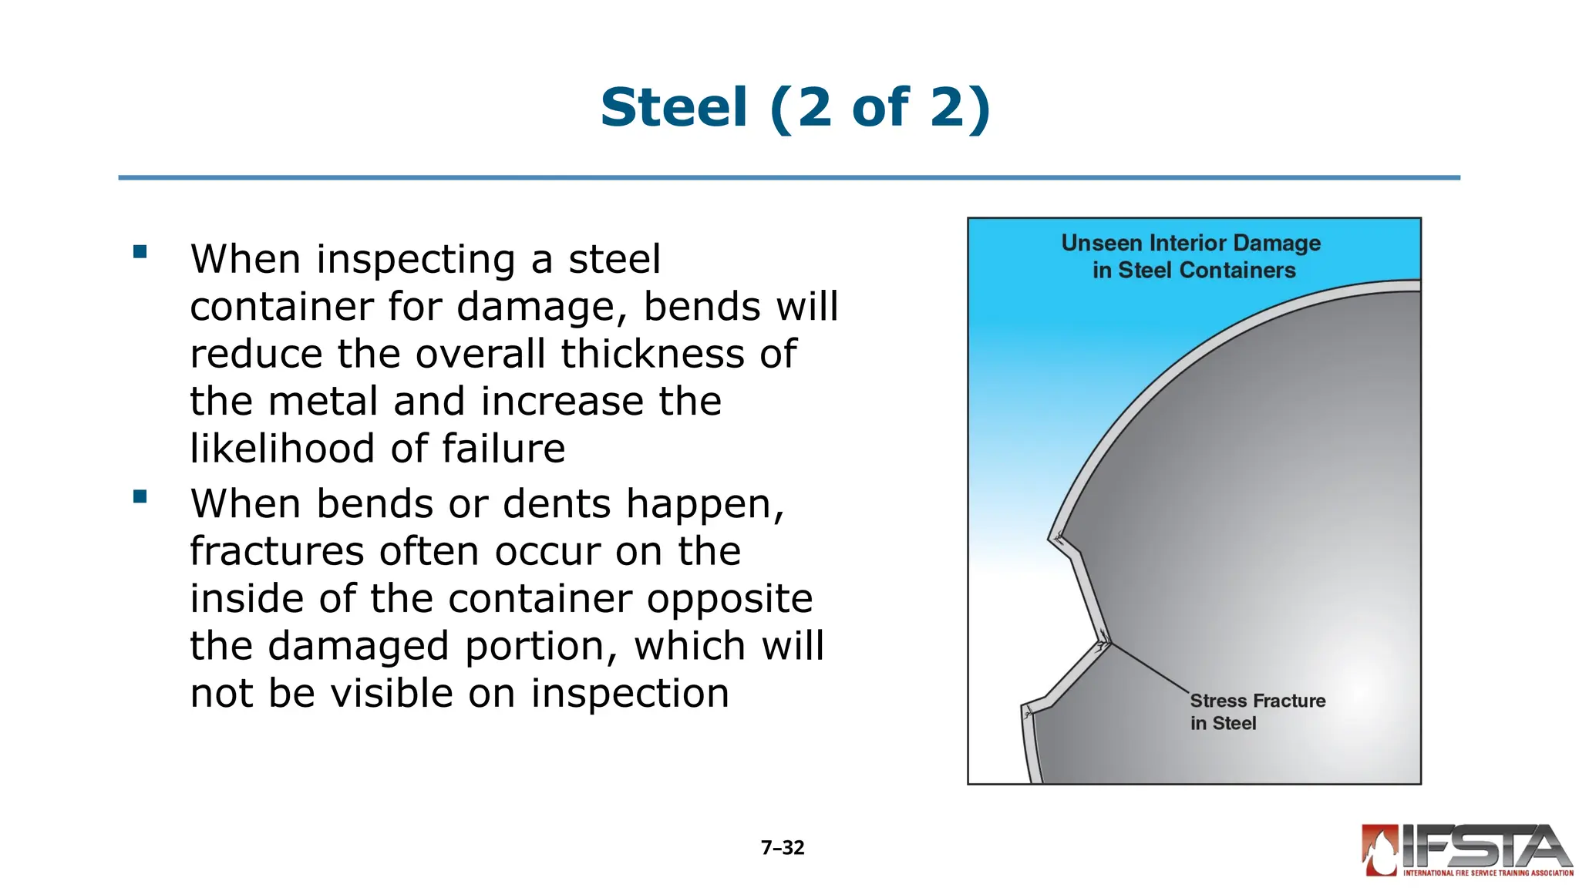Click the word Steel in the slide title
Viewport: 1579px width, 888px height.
[674, 107]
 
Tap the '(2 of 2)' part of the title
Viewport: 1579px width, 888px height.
[880, 107]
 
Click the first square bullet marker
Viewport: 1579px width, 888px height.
[140, 251]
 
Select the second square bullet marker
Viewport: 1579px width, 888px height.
[140, 496]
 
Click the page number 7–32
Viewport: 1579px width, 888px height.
[783, 848]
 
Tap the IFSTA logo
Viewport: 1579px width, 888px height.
[1466, 851]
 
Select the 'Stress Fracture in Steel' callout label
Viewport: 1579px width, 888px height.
[1257, 711]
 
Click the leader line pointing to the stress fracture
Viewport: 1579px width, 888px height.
[1150, 668]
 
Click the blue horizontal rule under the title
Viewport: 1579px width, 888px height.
[789, 178]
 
